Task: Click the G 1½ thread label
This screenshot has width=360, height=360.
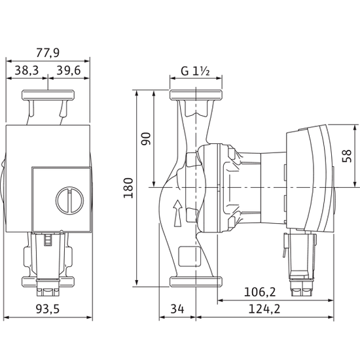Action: point(194,71)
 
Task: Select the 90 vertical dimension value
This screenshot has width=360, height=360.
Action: point(146,138)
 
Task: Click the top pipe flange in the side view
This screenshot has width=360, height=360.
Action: point(195,96)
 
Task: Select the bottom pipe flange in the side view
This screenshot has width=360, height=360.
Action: point(195,282)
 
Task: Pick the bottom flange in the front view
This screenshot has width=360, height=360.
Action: point(48,282)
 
